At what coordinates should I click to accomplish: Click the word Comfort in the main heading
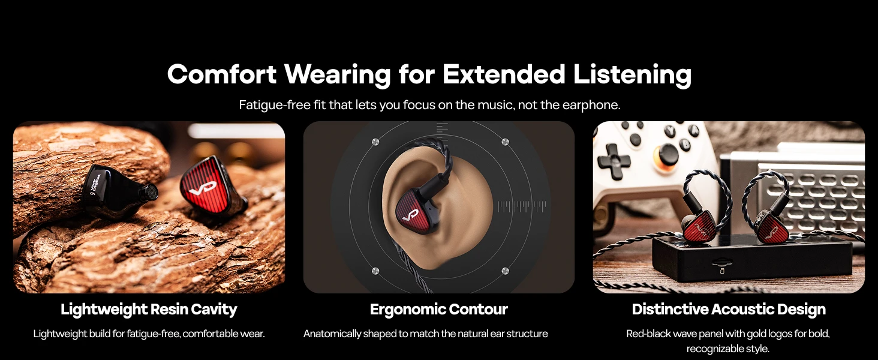pos(222,74)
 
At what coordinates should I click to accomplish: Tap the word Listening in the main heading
pos(632,75)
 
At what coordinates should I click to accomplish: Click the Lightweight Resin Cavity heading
pos(149,310)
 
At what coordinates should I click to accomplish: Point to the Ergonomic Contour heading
pos(439,310)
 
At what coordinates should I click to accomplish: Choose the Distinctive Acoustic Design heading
pos(729,310)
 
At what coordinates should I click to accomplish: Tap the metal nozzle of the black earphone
pos(149,192)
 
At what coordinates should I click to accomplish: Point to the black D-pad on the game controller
pos(614,161)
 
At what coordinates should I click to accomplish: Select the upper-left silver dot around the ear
pos(375,142)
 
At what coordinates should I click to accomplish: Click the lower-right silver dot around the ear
pos(505,271)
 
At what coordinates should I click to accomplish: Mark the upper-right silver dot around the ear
pos(505,142)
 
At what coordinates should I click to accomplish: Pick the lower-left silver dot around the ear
pos(375,271)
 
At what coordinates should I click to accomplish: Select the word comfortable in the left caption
pos(210,334)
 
